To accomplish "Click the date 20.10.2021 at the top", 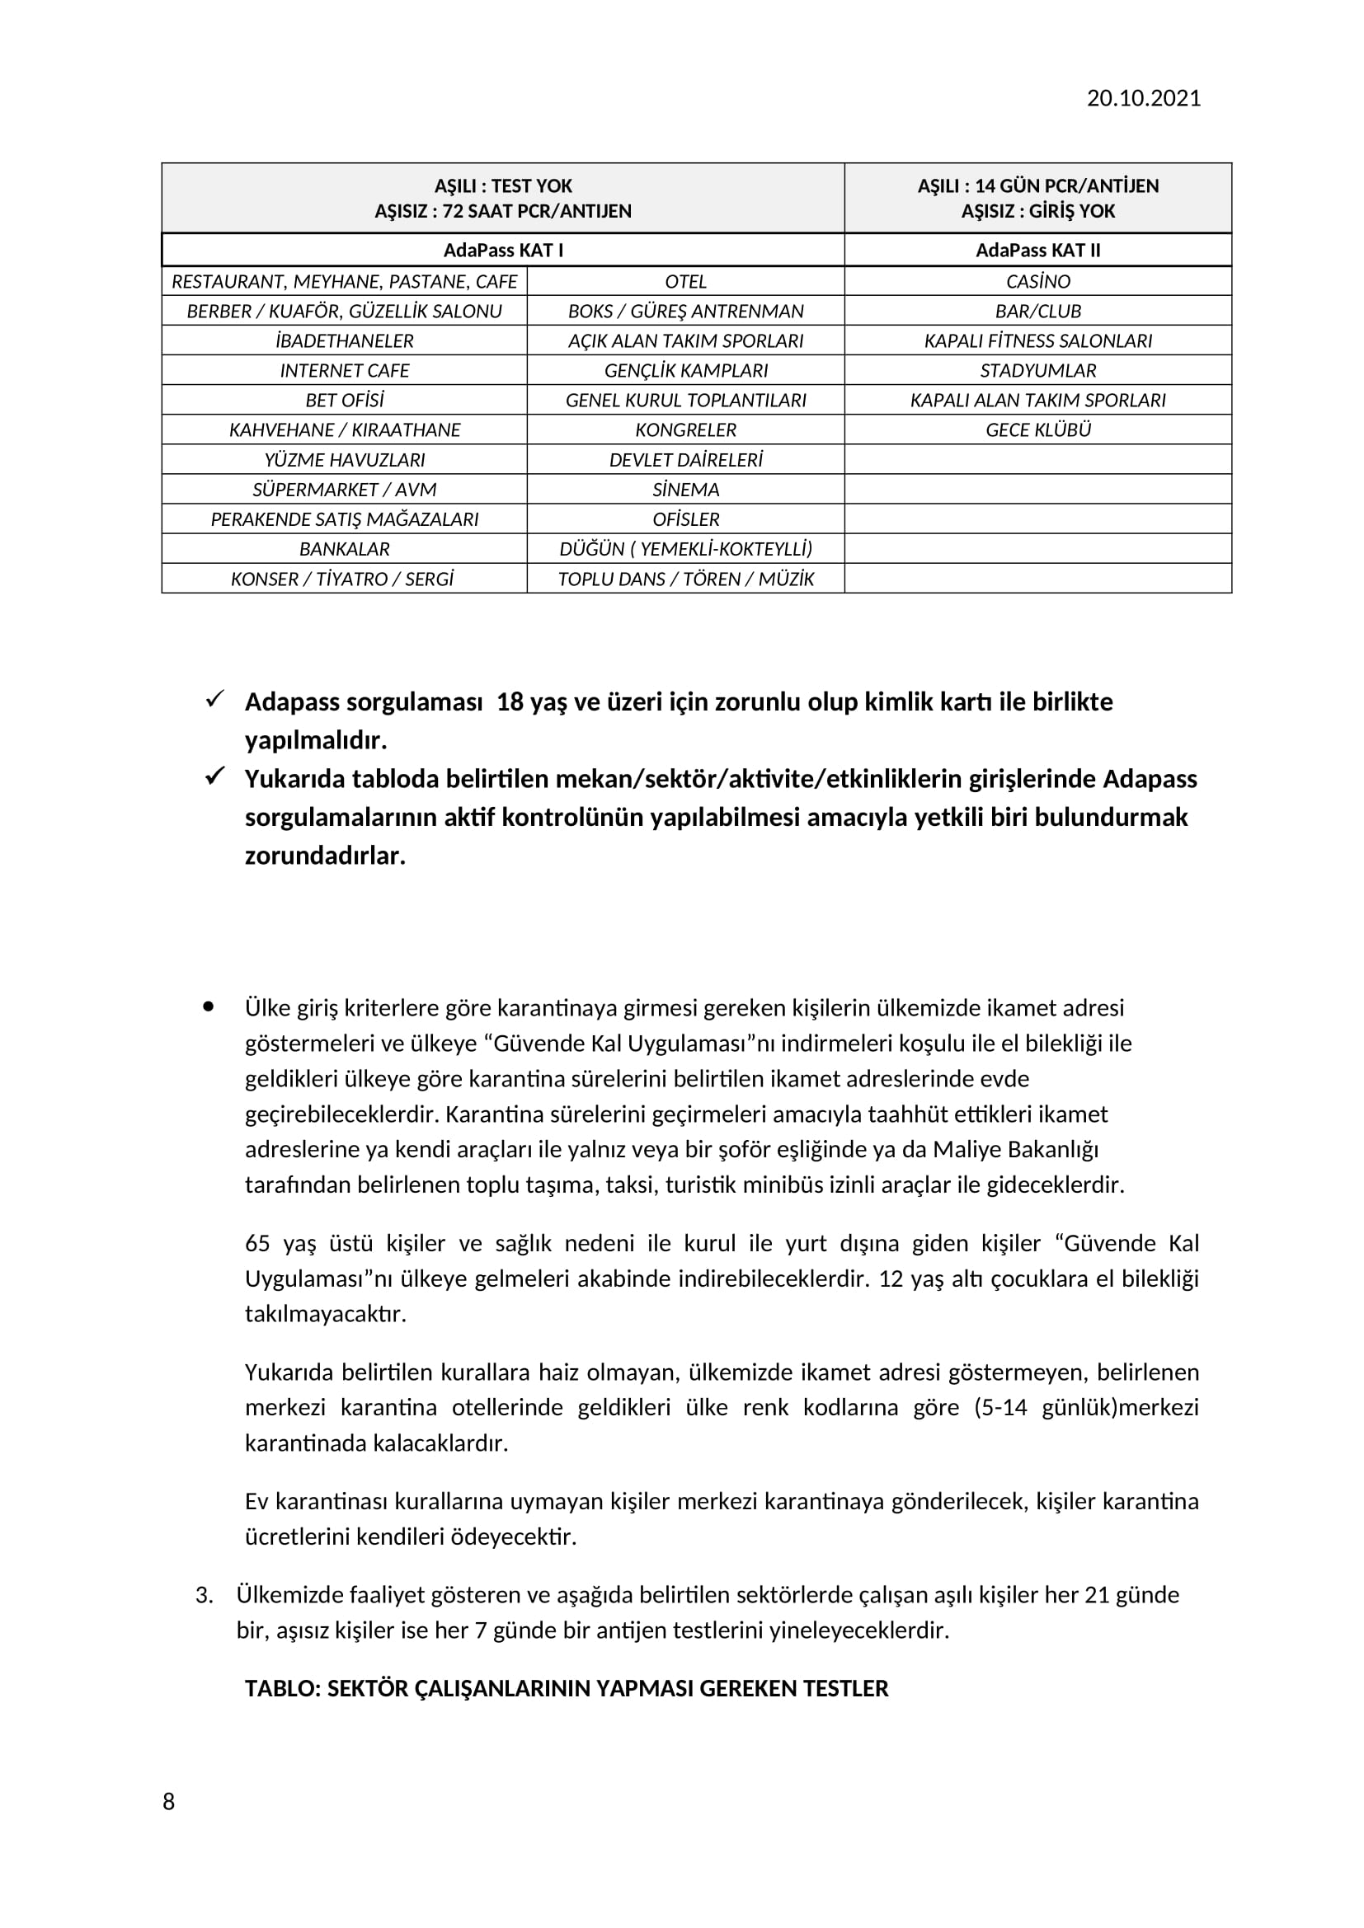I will tap(1143, 98).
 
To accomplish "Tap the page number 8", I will tap(169, 1801).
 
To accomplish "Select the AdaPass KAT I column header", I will tap(503, 251).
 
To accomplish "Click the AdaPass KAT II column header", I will tap(1037, 251).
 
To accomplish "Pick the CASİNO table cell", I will tap(1037, 281).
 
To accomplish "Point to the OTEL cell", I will tap(685, 281).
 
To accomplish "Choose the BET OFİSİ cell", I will tap(345, 400).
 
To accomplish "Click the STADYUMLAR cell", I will tap(1037, 370).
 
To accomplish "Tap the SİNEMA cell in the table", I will tap(685, 490).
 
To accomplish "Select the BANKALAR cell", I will tap(345, 549).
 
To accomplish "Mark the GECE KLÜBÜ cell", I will tap(1037, 430).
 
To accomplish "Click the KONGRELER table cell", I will tap(685, 430).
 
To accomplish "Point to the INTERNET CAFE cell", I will tap(345, 370).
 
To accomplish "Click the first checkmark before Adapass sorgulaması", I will tap(215, 699).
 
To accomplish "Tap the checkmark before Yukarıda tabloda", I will tap(215, 776).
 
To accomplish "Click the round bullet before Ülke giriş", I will tap(209, 1006).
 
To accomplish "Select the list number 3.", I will tap(204, 1596).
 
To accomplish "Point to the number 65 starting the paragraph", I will tap(258, 1244).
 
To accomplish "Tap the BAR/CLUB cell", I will tap(1037, 312).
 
